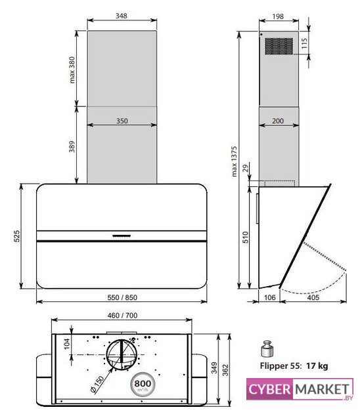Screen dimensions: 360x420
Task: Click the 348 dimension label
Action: (x=121, y=16)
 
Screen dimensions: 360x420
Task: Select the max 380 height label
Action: (x=72, y=70)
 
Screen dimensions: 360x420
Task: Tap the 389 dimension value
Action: (x=72, y=146)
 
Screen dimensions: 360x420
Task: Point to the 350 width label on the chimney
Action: (x=122, y=121)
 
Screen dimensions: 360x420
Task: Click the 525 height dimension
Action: (x=16, y=236)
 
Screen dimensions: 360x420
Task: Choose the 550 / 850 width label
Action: (x=122, y=297)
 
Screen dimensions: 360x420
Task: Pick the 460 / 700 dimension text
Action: (x=122, y=315)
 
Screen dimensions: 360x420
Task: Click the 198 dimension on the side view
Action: (x=278, y=16)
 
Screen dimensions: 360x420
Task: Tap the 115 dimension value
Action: (x=304, y=43)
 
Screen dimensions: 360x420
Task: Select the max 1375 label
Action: (x=234, y=161)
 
